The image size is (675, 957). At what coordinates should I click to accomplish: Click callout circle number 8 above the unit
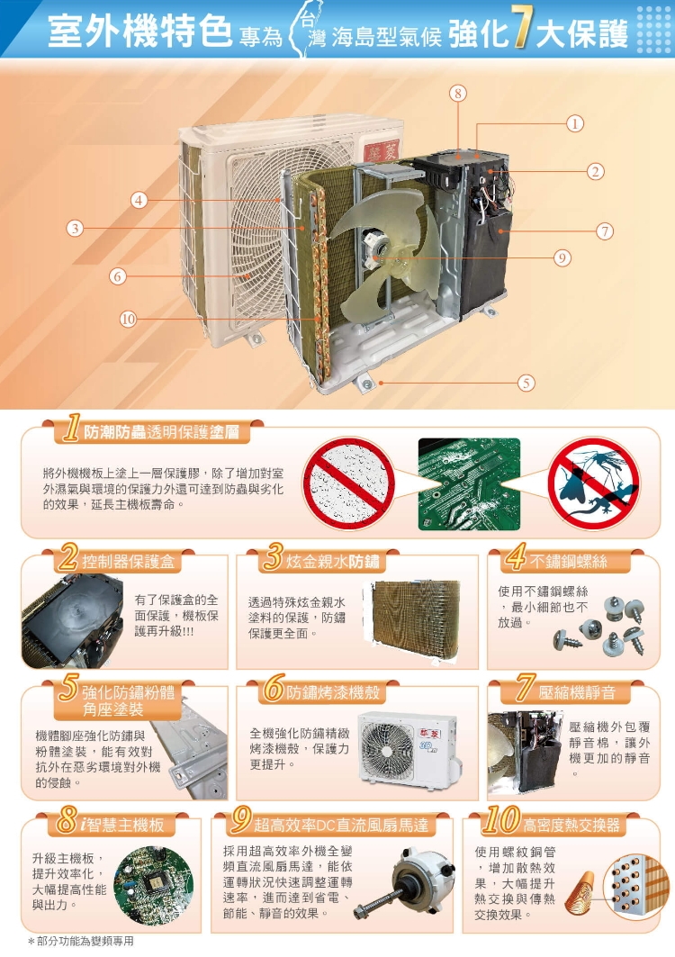[458, 93]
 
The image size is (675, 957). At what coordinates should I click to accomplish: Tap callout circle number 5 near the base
[526, 383]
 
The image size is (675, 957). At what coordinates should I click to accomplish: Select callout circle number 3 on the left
[75, 229]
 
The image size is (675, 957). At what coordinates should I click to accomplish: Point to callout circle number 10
[128, 320]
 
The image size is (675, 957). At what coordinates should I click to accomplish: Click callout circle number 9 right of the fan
[562, 258]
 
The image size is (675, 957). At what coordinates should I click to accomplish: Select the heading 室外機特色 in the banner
[139, 31]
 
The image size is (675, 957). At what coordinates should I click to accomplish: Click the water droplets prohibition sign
[348, 483]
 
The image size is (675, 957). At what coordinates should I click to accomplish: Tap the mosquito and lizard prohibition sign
[593, 483]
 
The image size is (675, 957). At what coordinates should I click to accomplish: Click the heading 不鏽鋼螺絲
[568, 562]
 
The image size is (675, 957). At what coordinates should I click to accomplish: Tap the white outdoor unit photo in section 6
[407, 748]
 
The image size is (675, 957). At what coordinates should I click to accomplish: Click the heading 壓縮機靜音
[577, 692]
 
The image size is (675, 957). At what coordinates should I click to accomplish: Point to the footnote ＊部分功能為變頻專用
[81, 941]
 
